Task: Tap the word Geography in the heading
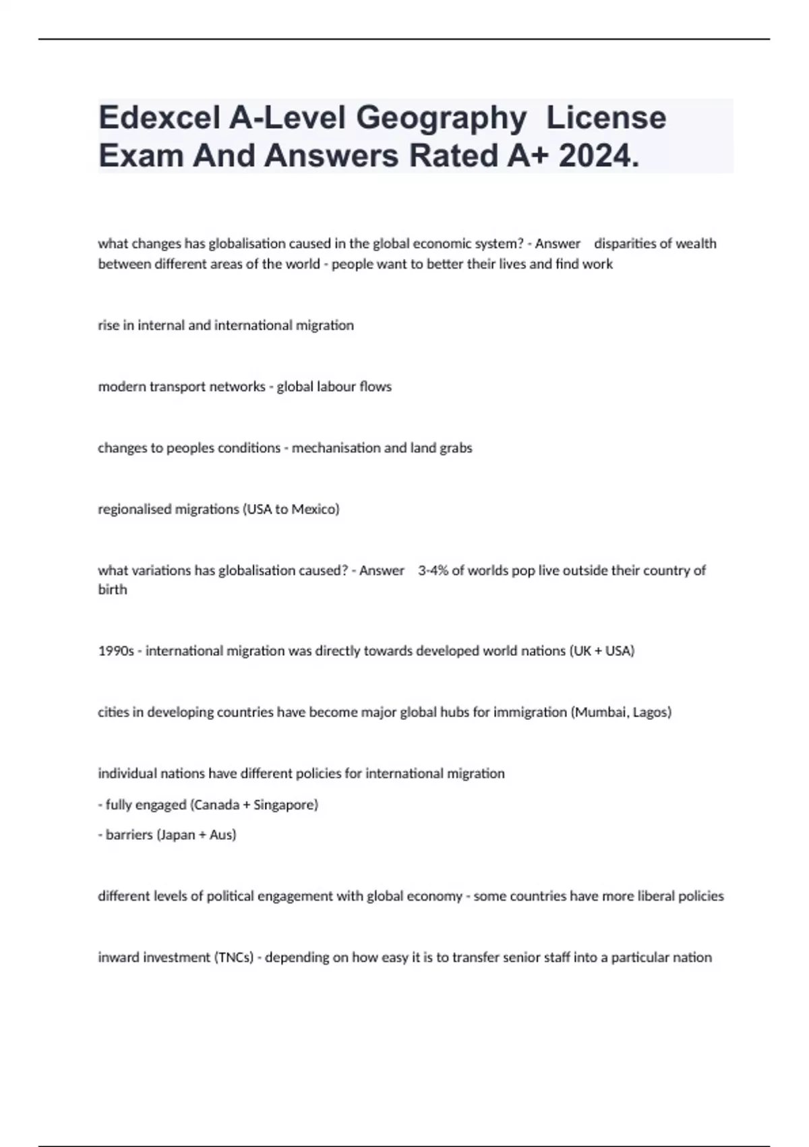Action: [x=441, y=118]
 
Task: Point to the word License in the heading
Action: [x=606, y=118]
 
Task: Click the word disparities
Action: [x=623, y=244]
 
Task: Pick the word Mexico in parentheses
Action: [x=314, y=509]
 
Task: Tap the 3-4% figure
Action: [x=433, y=571]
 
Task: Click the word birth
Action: [x=113, y=590]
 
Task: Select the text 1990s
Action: [x=116, y=651]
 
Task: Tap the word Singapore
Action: [x=284, y=805]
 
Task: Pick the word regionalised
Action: [x=134, y=509]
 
